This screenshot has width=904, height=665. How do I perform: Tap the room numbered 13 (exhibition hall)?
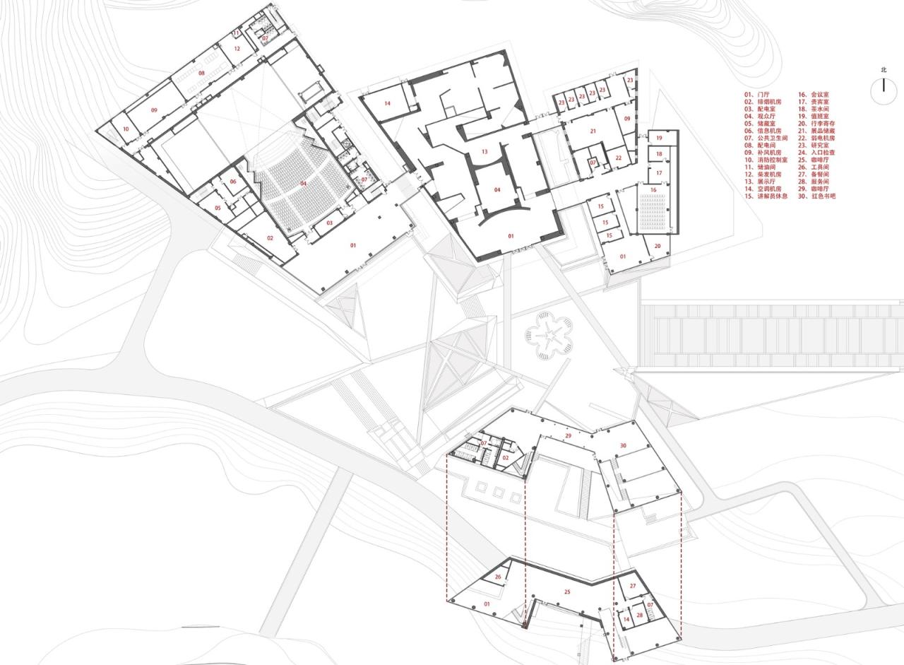[484, 152]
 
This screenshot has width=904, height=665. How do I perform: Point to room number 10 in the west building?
[126, 129]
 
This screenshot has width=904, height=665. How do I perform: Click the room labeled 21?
[593, 131]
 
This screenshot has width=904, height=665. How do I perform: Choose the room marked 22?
[618, 158]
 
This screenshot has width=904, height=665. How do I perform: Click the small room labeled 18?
[659, 154]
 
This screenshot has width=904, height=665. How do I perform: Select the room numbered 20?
[658, 246]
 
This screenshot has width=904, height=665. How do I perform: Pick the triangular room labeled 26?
[498, 578]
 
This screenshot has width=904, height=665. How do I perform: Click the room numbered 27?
[633, 587]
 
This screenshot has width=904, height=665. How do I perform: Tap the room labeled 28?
[639, 616]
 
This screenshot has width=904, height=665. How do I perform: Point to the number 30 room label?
[623, 446]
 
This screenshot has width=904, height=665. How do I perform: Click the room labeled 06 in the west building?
[233, 182]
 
